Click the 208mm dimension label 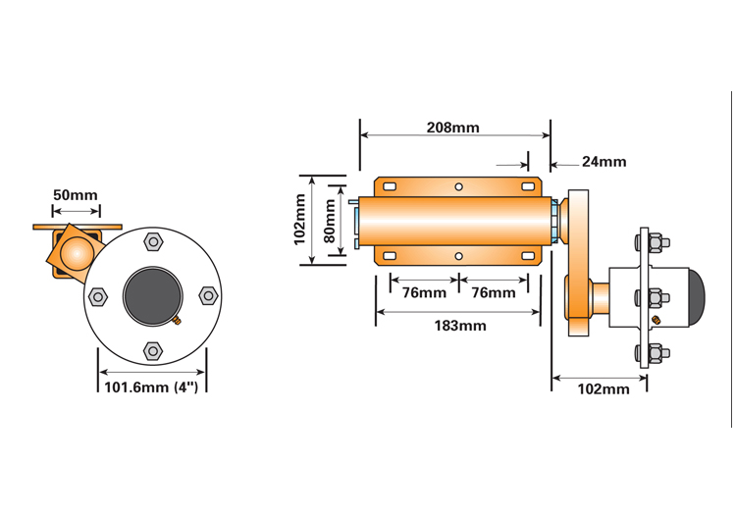(x=453, y=128)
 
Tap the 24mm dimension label (x=605, y=162)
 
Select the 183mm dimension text (x=460, y=326)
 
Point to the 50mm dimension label (x=76, y=195)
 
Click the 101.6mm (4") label (x=151, y=387)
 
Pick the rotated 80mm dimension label (x=330, y=221)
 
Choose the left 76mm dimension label (x=424, y=292)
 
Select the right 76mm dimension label (x=494, y=292)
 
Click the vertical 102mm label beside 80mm (x=299, y=220)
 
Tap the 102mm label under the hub (x=604, y=389)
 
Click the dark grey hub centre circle (x=152, y=296)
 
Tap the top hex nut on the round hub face (x=152, y=242)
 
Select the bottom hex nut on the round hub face (x=152, y=351)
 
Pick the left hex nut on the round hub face (x=97, y=296)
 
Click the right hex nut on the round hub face (x=208, y=296)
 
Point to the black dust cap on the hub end (x=697, y=297)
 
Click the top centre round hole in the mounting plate (x=458, y=187)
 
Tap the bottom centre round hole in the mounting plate (x=458, y=256)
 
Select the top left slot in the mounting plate (x=390, y=187)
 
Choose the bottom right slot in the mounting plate (x=528, y=256)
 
